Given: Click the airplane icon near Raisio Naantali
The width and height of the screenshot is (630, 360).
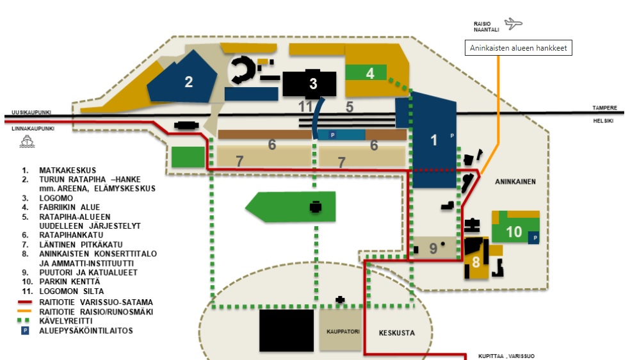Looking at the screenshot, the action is tap(513, 24).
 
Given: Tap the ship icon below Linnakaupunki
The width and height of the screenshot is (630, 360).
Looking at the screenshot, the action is tap(27, 142).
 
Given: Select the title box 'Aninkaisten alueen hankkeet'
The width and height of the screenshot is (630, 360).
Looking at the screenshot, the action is tap(519, 48).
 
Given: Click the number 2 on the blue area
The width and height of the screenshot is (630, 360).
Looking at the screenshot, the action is tap(188, 82).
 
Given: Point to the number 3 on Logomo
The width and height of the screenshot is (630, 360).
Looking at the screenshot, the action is tap(313, 83).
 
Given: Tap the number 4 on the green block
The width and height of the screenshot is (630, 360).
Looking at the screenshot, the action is tap(370, 74).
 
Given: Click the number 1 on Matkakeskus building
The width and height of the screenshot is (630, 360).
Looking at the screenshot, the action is tap(433, 140).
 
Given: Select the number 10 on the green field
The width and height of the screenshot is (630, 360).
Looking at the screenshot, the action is tap(513, 232).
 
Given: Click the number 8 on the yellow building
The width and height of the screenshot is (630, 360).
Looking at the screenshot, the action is tap(476, 263).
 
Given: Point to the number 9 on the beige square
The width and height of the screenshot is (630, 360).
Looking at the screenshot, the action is tap(433, 249).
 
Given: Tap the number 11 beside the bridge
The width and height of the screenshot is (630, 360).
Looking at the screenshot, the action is tap(305, 107).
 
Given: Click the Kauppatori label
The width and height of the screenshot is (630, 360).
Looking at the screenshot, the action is tap(343, 331).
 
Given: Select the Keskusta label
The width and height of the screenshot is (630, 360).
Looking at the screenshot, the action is tap(396, 332).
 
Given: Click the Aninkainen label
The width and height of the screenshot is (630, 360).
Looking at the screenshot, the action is tap(515, 182).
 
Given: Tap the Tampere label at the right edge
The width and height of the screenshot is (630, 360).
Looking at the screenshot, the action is tap(604, 108).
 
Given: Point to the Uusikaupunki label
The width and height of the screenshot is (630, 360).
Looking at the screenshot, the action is tap(31, 113).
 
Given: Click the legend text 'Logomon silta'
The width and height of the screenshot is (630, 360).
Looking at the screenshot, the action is tap(72, 291).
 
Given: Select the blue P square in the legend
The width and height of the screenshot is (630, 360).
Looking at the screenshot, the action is tap(25, 331).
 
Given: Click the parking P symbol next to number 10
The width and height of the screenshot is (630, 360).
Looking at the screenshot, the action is tap(534, 238).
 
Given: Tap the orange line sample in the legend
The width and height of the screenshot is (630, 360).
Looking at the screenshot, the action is tap(24, 311).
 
